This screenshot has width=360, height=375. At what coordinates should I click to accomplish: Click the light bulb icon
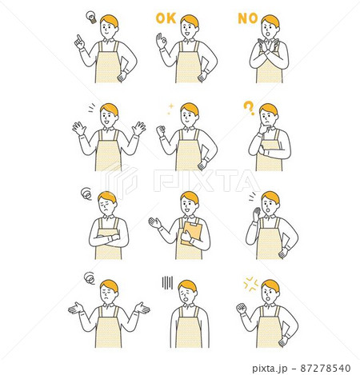click(x=91, y=17)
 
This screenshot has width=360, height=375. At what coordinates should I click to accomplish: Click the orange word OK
click(x=166, y=18)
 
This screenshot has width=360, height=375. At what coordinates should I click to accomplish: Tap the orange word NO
click(x=248, y=18)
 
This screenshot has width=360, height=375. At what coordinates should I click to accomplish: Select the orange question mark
click(x=249, y=108)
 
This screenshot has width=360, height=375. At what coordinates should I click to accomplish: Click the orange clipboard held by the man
click(x=191, y=233)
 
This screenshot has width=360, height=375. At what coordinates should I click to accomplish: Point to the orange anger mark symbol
click(x=251, y=284)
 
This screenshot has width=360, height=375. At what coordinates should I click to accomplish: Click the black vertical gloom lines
click(x=167, y=282)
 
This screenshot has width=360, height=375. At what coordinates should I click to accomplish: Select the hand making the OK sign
click(x=162, y=41)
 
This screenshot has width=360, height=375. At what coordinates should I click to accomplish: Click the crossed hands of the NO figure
click(x=269, y=46)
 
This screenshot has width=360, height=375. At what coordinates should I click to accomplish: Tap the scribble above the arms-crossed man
click(x=86, y=193)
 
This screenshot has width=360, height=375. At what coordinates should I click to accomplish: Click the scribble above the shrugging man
click(x=90, y=278)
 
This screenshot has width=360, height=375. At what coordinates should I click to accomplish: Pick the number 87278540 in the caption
click(x=326, y=368)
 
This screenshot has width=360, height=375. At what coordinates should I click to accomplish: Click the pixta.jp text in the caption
click(x=270, y=369)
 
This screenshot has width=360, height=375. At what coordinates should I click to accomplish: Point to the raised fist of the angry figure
click(x=242, y=309)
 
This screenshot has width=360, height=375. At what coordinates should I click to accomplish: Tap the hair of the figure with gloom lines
click(x=187, y=285)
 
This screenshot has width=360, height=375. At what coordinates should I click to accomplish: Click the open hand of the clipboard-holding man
click(x=155, y=222)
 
